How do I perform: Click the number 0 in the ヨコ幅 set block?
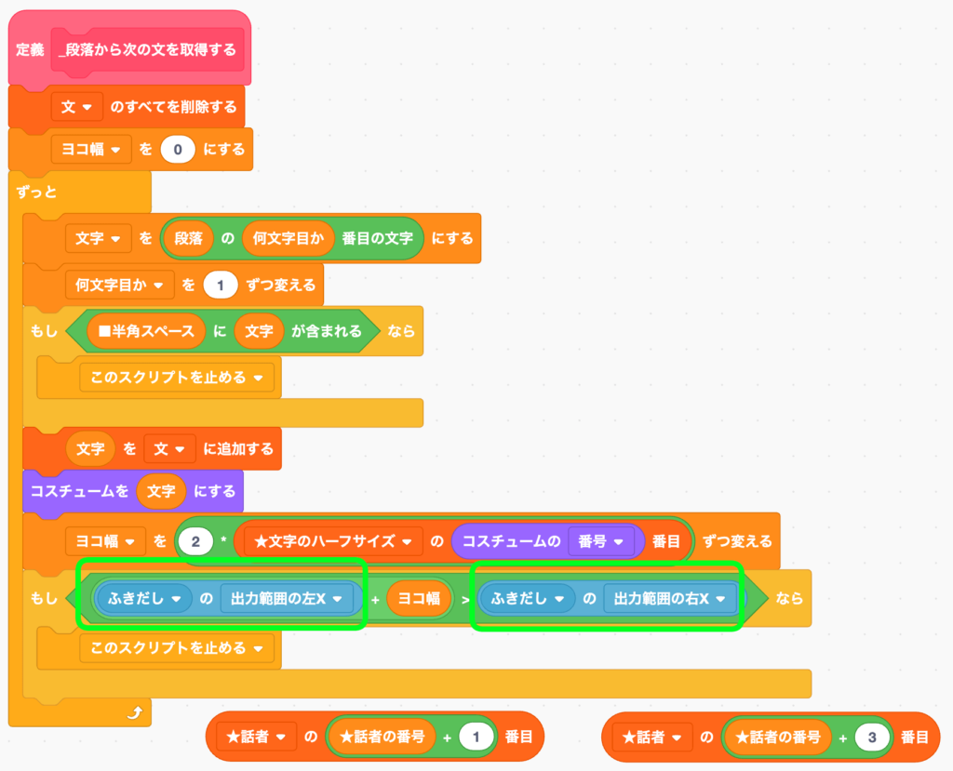coord(178,149)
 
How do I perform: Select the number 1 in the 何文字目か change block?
coord(221,285)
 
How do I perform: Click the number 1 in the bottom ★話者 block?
coord(476,738)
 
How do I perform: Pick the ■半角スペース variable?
coord(146,331)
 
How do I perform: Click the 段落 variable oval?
coord(189,238)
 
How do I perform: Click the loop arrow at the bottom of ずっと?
coord(136,713)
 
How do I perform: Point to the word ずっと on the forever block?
coord(37,193)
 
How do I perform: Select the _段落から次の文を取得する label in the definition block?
coord(148,49)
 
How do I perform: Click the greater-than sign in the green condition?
coord(465,600)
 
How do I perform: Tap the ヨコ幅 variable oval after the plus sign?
coord(419,600)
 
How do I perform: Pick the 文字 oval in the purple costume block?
coord(161,490)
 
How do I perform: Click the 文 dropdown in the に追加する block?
coord(168,448)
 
